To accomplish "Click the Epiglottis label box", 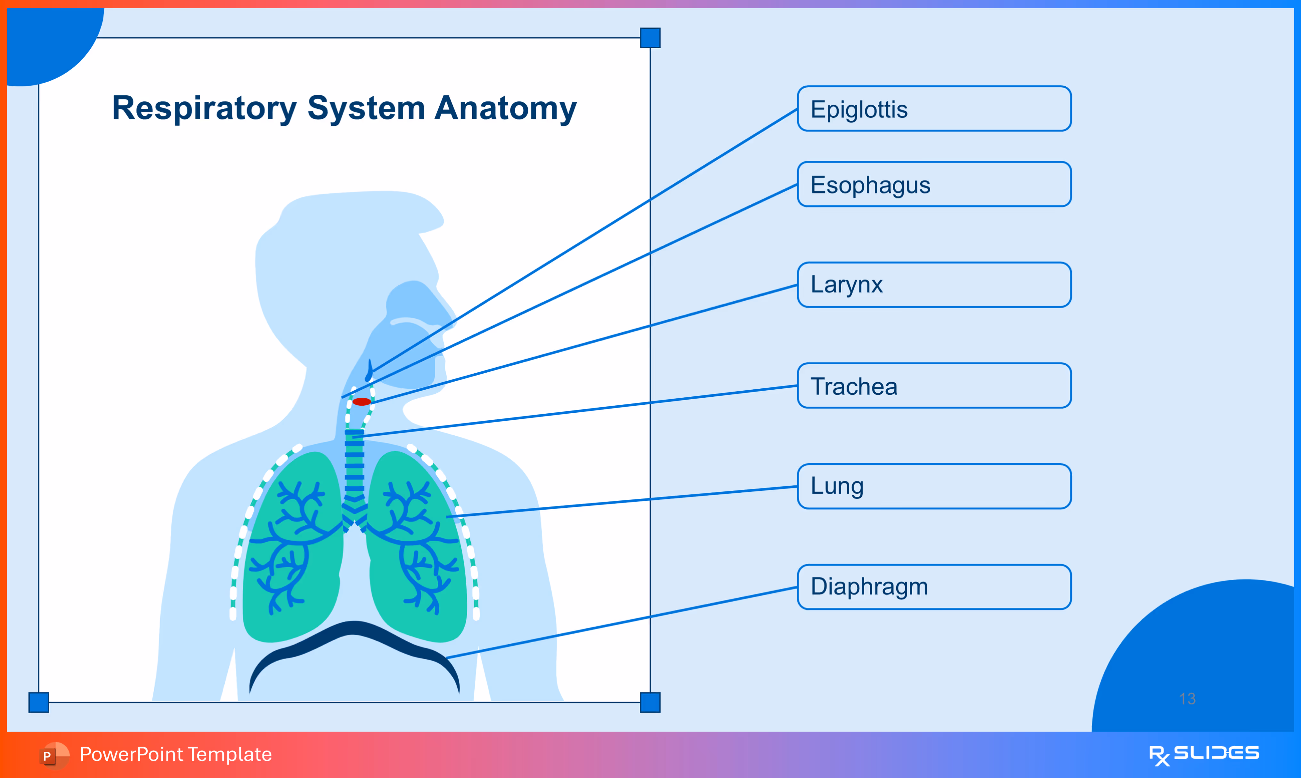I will tap(934, 108).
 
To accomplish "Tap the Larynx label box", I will tap(934, 285).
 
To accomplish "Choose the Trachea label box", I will tap(934, 385).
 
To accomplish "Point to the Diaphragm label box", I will tap(934, 587).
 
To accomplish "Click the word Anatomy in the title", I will tap(505, 108).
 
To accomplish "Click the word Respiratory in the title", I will tap(204, 108).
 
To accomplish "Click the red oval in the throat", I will tap(362, 401).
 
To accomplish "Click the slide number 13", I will tap(1187, 698).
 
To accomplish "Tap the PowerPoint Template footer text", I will tap(176, 754).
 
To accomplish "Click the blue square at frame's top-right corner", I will tap(650, 38).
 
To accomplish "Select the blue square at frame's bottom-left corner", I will tap(38, 702).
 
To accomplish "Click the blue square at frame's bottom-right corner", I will tap(650, 702).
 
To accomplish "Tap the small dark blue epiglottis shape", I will tap(369, 371).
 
